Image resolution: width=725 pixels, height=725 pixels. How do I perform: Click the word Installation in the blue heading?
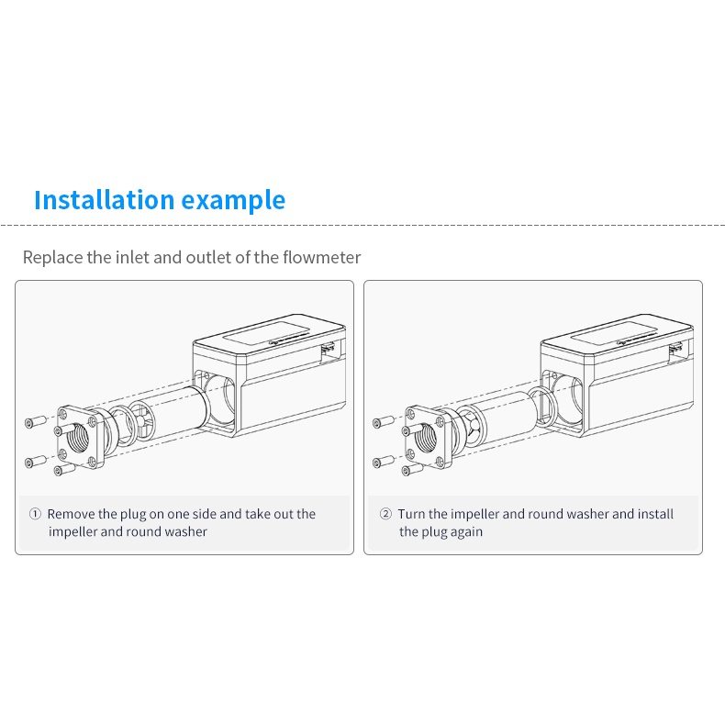coord(105,199)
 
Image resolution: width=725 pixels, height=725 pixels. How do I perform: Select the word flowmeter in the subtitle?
coord(321,257)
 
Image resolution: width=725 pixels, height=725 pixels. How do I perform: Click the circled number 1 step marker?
coord(35,514)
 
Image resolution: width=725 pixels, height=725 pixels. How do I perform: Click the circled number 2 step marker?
coord(385,514)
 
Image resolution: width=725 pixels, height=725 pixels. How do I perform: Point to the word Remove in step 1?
coord(71,514)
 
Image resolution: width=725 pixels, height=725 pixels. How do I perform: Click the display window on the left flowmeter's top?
coord(266,333)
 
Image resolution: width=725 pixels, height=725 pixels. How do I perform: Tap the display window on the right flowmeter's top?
coord(614,333)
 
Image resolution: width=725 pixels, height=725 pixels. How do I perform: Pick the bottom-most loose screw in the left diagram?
coord(65,469)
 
